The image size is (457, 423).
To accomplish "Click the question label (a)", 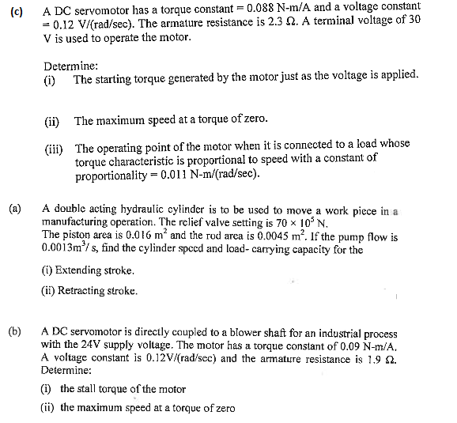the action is coord(14,209).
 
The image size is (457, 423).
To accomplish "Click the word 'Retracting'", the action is coord(86,290).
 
